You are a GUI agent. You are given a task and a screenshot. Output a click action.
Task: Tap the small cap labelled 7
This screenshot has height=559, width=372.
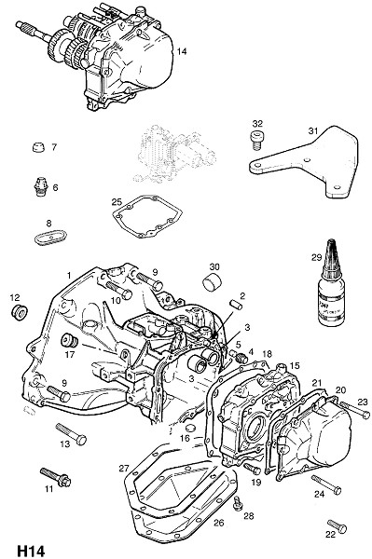point(38,147)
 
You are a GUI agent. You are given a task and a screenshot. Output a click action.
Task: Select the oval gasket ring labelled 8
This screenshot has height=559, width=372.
point(51,237)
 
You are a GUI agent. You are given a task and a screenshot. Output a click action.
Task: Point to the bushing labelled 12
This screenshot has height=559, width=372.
point(19,312)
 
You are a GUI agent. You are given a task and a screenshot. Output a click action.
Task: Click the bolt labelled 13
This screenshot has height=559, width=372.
point(71,433)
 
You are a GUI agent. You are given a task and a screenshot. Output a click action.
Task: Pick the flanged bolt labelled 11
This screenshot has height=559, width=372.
point(56,477)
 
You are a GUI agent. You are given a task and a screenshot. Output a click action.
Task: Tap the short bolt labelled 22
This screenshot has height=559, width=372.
point(338,526)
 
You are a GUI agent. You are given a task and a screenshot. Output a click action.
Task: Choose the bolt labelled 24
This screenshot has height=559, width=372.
point(326,484)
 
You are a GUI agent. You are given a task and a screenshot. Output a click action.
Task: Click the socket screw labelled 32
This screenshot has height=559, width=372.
point(256,140)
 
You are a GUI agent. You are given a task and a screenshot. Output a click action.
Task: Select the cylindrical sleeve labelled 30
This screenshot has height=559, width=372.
point(212,281)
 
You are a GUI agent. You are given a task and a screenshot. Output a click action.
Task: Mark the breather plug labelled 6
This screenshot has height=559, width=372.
point(40,185)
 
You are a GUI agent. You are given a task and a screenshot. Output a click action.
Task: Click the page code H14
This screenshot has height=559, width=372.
point(31,551)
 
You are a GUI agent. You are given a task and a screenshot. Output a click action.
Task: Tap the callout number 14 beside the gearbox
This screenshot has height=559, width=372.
point(182,51)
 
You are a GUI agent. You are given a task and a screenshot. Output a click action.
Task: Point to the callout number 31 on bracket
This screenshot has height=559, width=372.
point(312,130)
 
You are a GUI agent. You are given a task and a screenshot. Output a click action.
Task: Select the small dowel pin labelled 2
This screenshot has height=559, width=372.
point(235,306)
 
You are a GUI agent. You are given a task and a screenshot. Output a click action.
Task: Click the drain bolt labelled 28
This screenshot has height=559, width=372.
point(238,503)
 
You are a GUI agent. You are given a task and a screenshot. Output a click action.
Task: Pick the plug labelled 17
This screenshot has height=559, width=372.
point(69,340)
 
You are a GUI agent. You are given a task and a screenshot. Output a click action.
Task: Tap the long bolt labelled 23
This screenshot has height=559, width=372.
point(354,410)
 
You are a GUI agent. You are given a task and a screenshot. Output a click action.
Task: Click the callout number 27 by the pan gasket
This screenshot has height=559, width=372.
point(123,468)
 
